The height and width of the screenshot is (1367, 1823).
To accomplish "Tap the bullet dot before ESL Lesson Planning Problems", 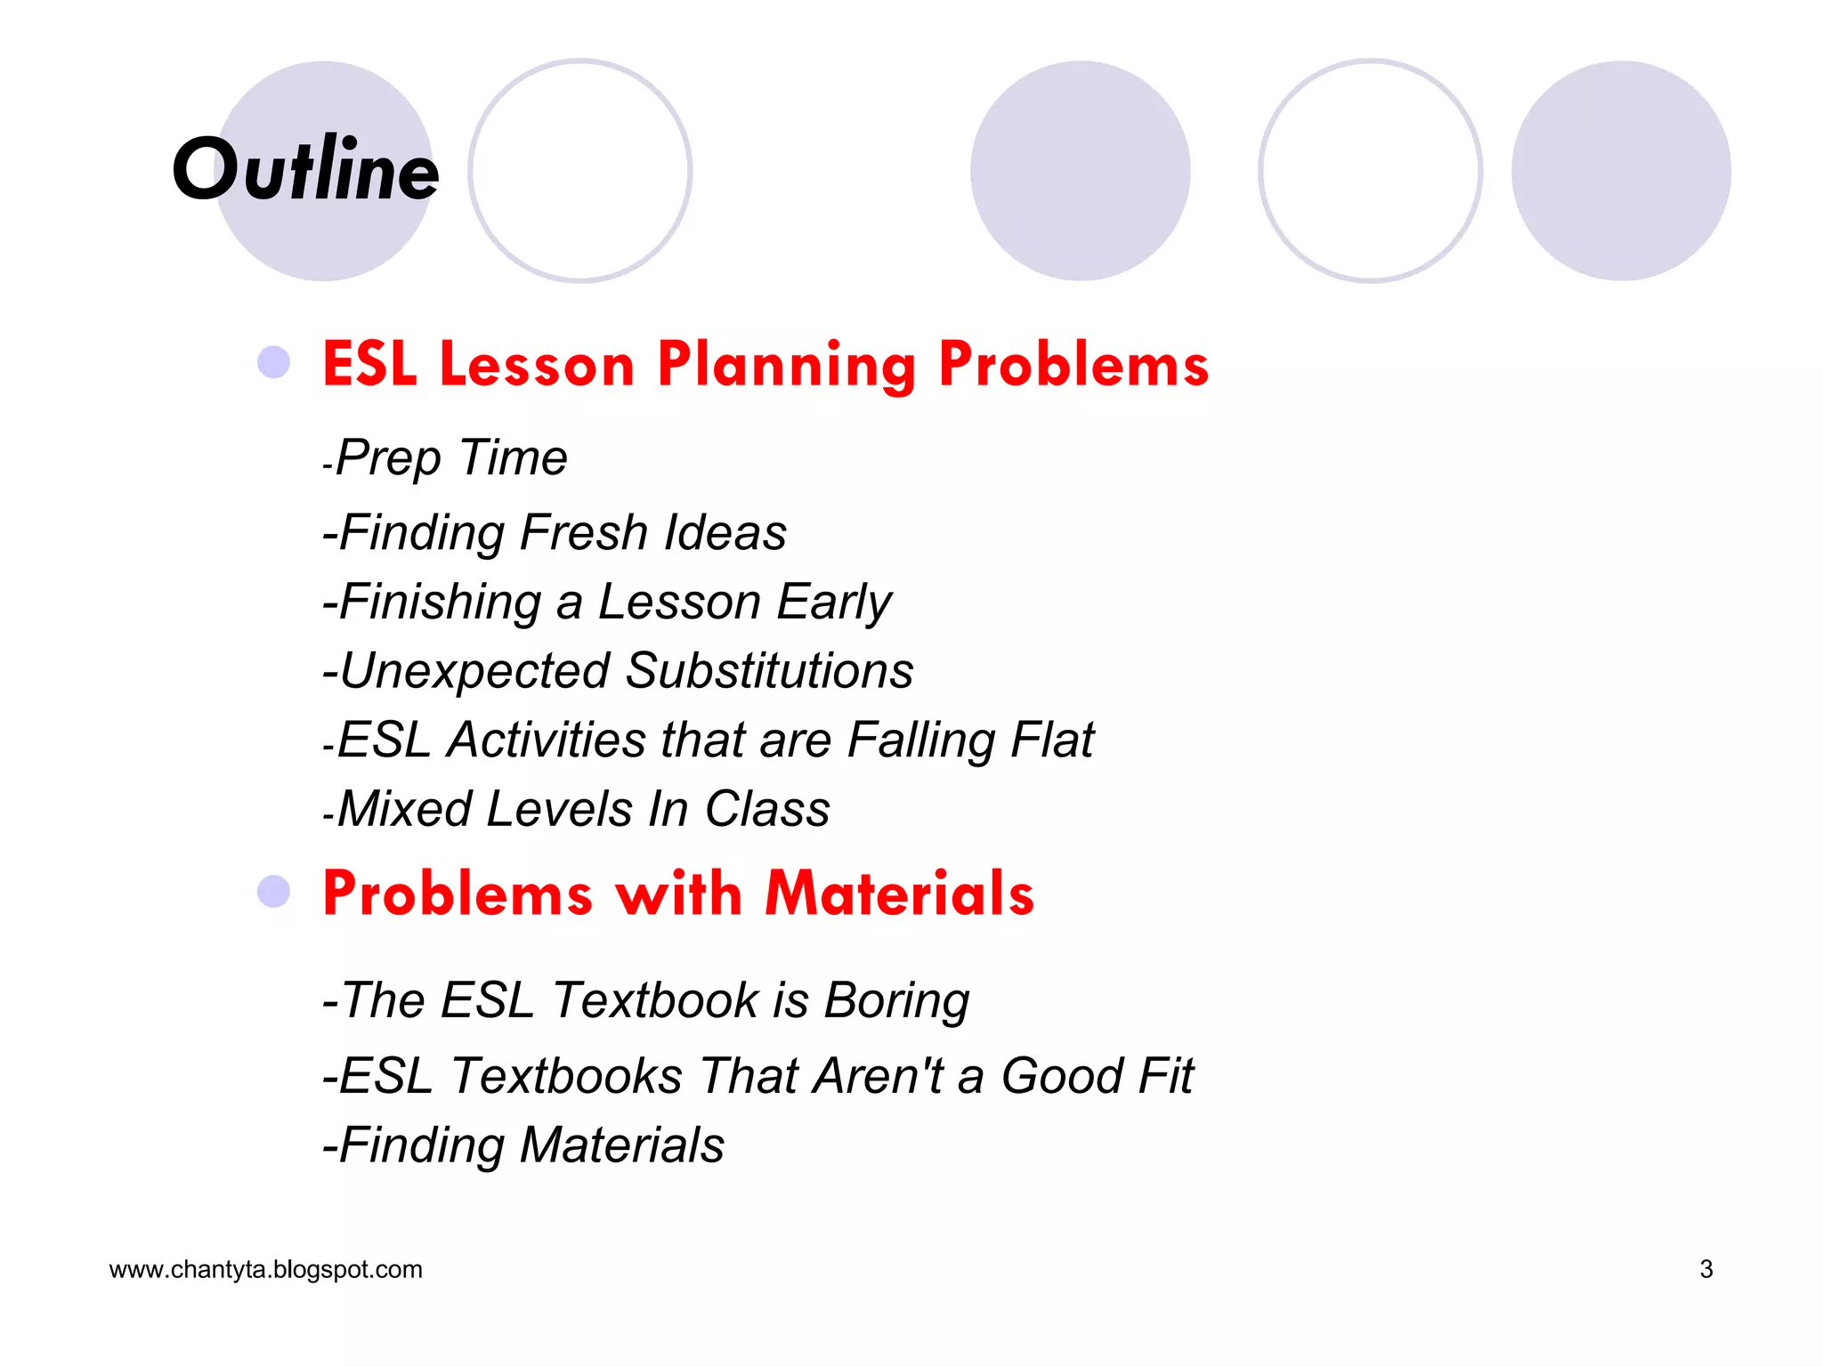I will (273, 362).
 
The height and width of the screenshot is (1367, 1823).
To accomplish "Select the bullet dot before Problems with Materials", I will (273, 892).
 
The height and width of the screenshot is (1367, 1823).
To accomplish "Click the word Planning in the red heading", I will (786, 366).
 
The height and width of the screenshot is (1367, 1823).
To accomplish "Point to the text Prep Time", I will (450, 458).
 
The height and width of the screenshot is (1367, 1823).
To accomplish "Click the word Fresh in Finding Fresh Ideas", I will (583, 532).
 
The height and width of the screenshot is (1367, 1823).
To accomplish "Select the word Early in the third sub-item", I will (833, 603).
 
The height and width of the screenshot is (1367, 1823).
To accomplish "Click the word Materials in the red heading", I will (899, 894).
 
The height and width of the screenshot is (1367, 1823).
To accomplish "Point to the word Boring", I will (896, 1000).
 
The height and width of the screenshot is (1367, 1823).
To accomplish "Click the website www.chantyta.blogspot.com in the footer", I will (265, 1269).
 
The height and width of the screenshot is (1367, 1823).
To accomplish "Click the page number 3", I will (1706, 1269).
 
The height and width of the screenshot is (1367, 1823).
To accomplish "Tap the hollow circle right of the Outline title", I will (580, 171).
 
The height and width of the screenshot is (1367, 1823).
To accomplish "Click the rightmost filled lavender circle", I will (1621, 171).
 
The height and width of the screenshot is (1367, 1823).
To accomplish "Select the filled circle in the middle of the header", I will (1080, 171).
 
